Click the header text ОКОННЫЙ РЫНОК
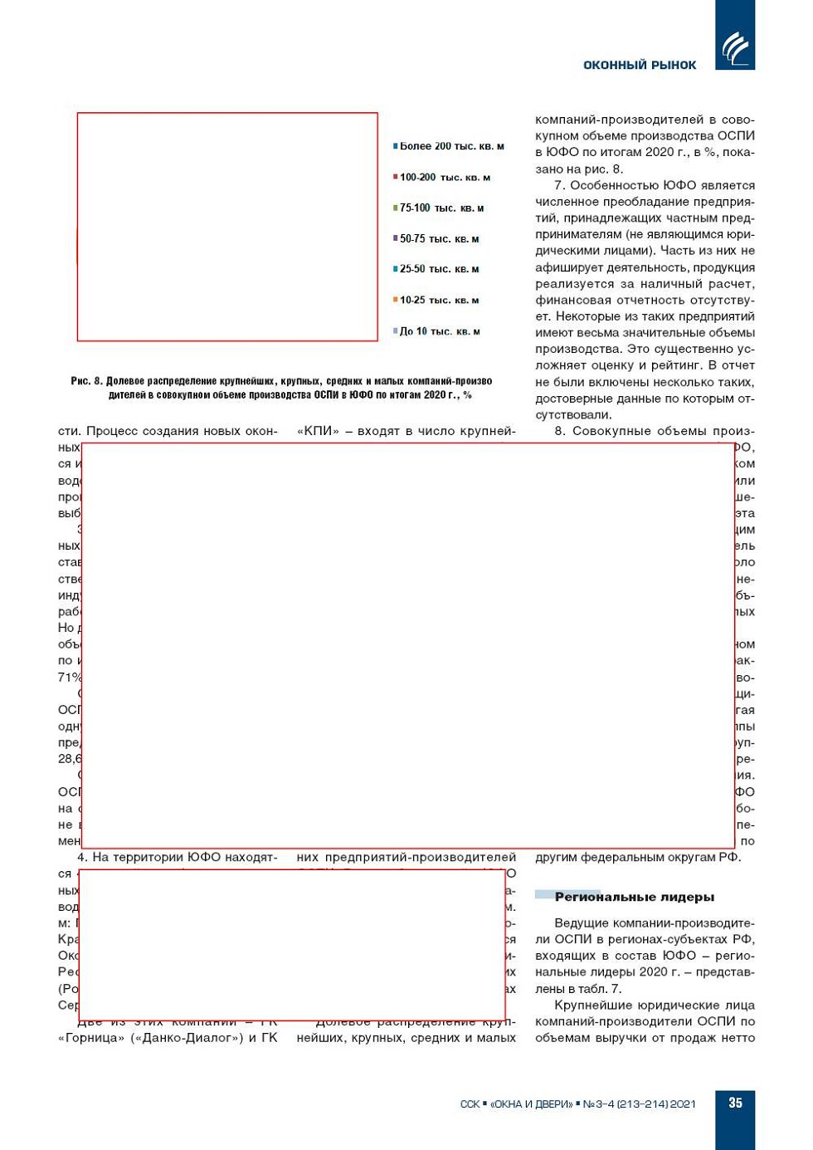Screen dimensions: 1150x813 [x=640, y=65]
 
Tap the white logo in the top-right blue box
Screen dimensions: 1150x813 [x=735, y=49]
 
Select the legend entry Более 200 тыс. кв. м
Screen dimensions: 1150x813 [x=451, y=146]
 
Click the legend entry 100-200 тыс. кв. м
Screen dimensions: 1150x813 [x=445, y=177]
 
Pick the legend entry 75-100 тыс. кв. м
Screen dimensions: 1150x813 [x=441, y=208]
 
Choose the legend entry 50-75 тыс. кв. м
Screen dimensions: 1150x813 [x=439, y=238]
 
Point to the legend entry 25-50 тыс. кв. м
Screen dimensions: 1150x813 [x=439, y=269]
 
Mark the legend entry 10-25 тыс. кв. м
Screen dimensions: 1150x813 [x=439, y=300]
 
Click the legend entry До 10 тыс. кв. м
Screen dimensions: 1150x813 [x=440, y=331]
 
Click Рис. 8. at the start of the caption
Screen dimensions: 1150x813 [x=86, y=381]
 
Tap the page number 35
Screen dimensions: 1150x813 [x=735, y=1103]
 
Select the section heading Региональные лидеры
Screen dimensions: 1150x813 [x=634, y=897]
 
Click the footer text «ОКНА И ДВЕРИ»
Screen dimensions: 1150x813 [x=531, y=1104]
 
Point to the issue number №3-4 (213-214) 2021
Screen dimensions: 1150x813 [x=639, y=1104]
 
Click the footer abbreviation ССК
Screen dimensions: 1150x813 [x=470, y=1104]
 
